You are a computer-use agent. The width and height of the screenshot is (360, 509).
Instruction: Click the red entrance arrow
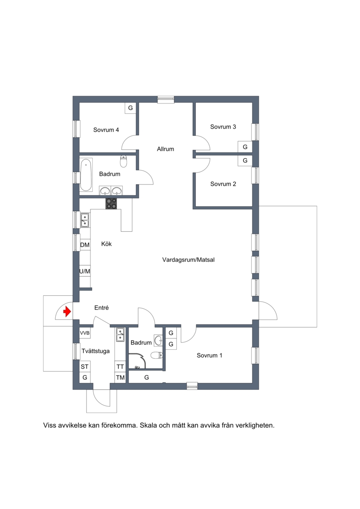tap(67, 311)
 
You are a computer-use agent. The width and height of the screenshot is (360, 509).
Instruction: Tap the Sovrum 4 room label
tap(106, 130)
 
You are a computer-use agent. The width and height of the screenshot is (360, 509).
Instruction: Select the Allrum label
tap(166, 149)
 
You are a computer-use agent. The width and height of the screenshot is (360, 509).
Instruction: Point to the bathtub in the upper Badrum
tap(86, 175)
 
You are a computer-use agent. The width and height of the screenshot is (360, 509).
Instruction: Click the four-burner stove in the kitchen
tap(111, 203)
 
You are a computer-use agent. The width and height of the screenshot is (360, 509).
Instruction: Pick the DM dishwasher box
tap(85, 245)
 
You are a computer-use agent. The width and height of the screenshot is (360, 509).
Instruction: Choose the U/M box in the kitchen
tap(85, 271)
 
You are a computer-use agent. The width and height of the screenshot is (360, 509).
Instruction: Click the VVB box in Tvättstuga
tap(85, 333)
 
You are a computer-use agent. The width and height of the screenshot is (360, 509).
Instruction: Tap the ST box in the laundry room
tap(85, 366)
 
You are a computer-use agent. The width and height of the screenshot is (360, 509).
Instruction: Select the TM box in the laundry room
tap(120, 378)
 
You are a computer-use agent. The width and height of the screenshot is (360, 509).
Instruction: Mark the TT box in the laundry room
tap(120, 367)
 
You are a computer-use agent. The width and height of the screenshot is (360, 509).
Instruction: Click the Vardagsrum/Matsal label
tap(188, 260)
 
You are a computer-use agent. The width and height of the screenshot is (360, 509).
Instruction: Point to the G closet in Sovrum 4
tap(130, 108)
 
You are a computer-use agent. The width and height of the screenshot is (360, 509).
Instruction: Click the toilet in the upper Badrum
tap(124, 161)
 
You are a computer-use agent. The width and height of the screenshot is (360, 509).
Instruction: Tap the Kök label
tap(107, 244)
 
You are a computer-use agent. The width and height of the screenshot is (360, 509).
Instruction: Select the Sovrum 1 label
tap(209, 356)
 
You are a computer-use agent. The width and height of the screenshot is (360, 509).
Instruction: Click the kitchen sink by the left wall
tap(85, 220)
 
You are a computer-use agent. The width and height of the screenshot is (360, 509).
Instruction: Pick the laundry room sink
tap(120, 335)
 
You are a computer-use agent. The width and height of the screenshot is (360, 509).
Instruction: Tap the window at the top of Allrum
tap(166, 99)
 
